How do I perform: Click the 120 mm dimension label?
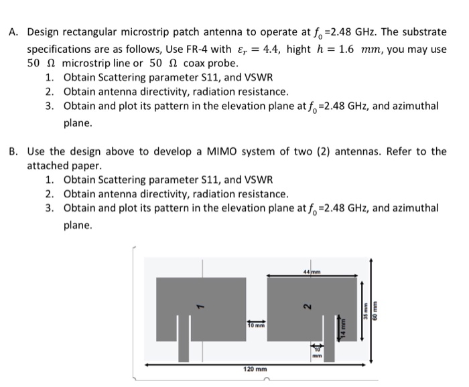point(255,369)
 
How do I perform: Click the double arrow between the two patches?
point(255,319)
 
